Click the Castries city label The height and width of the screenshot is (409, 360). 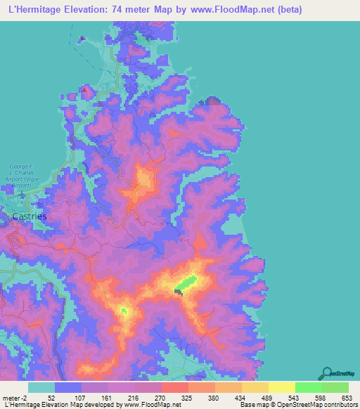coord(30,216)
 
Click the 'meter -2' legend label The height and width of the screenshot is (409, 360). coord(15,398)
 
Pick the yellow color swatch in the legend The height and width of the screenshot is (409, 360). coord(281,387)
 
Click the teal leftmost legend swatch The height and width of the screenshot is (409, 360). coord(41,387)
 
